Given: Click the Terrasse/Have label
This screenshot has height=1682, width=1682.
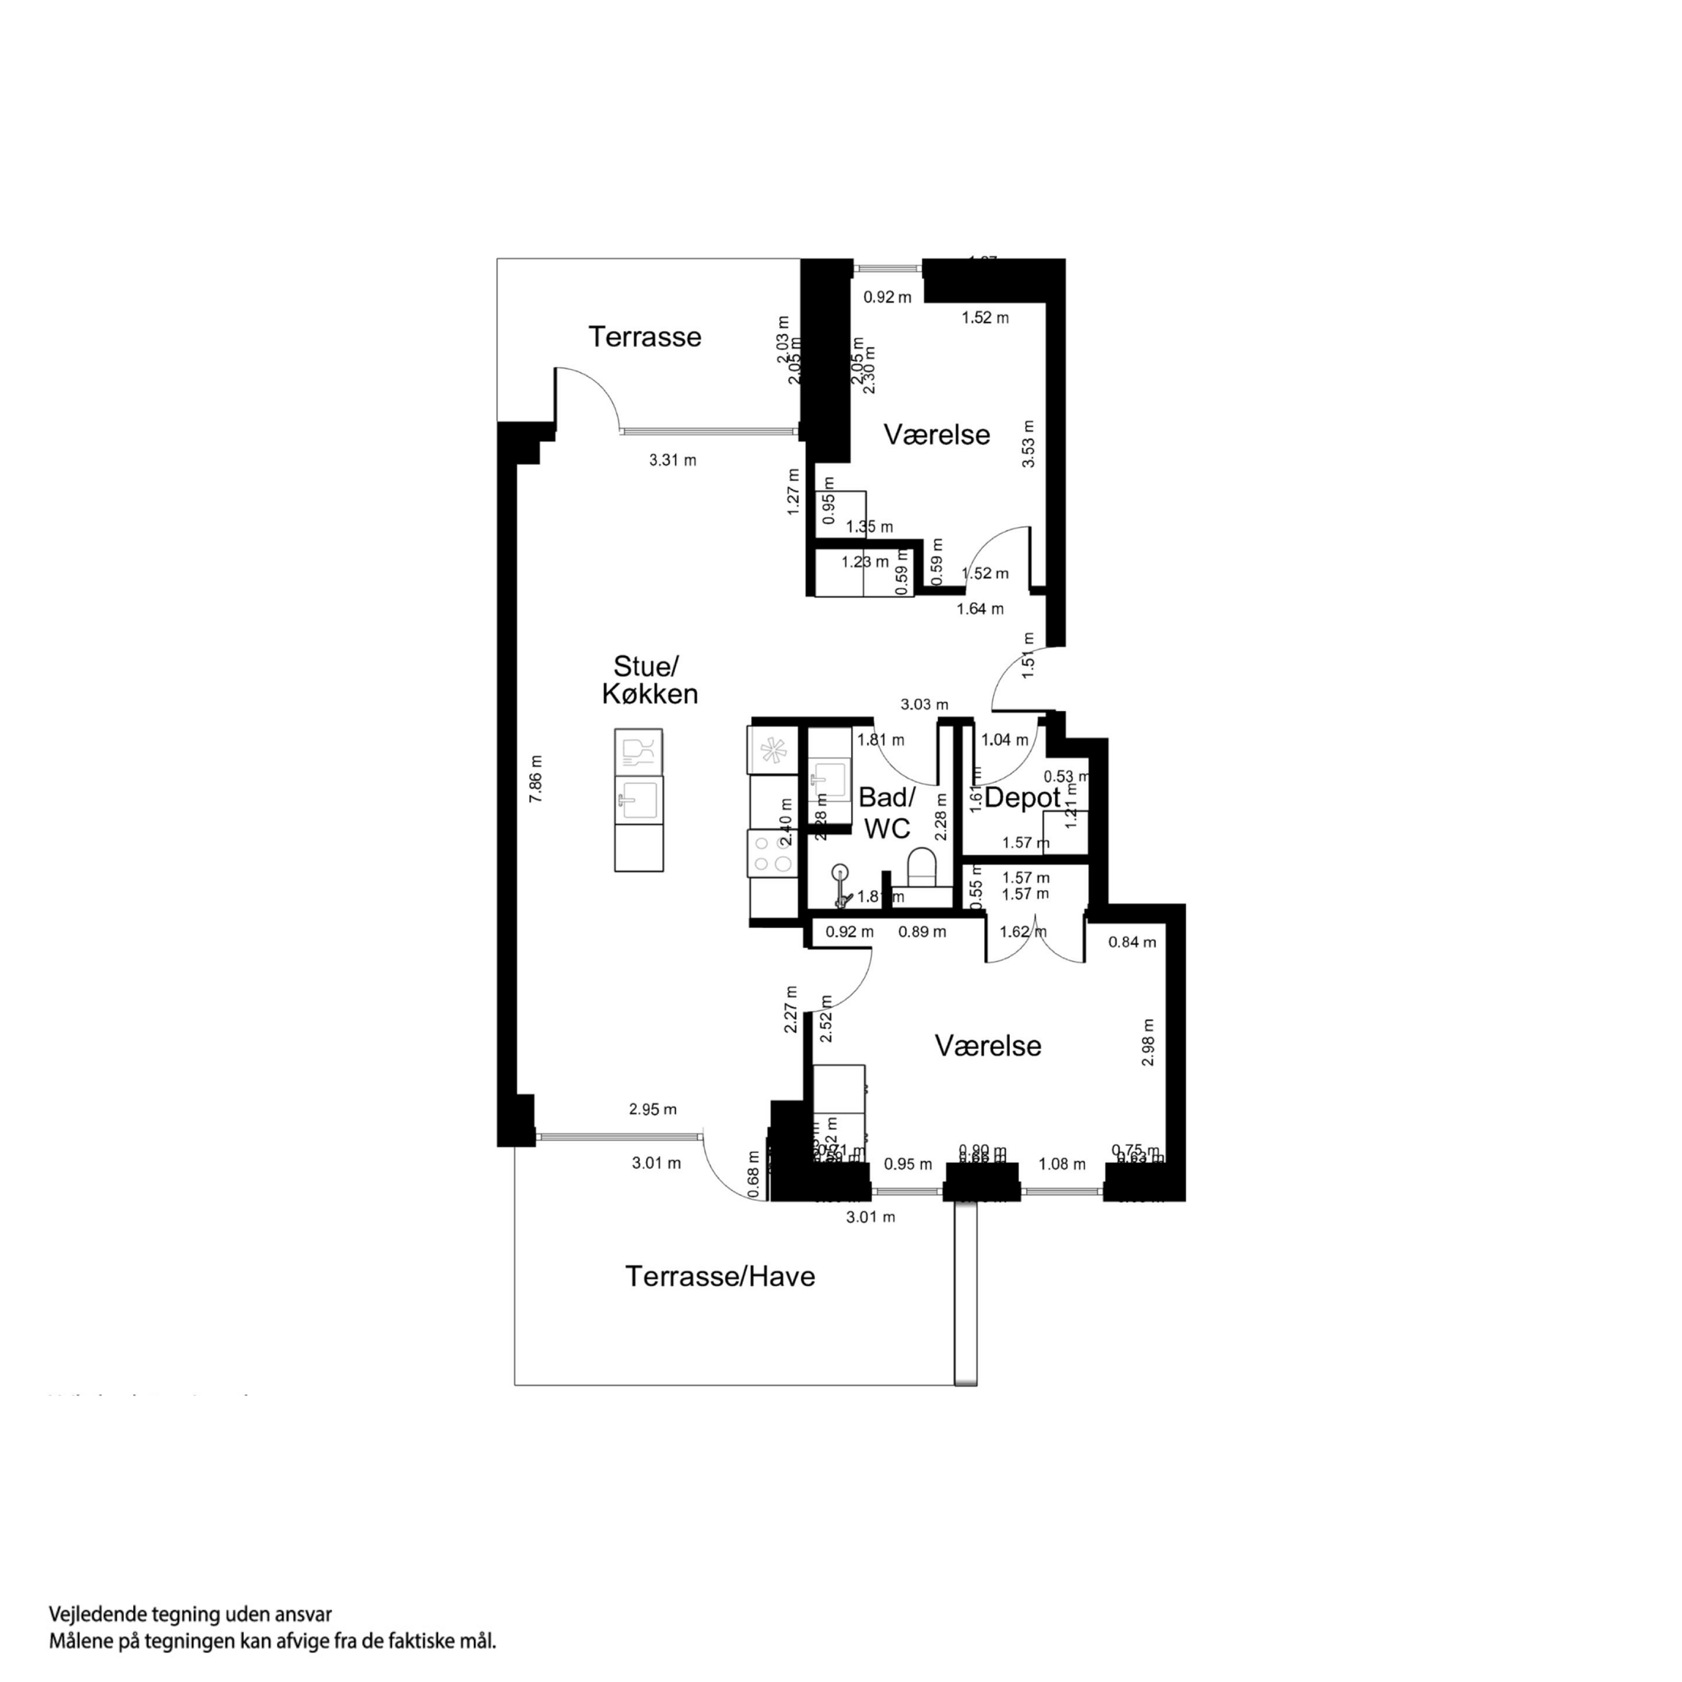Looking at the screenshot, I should pos(720,1276).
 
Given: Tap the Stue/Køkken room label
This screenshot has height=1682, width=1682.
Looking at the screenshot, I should pos(648,680).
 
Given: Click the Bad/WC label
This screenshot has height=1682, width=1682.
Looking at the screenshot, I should pos(887,812).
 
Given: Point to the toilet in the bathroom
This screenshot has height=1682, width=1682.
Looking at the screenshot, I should pos(921,866).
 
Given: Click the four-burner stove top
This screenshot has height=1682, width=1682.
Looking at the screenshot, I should pos(772,853).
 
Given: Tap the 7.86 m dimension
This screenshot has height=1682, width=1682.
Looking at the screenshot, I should pos(536,778).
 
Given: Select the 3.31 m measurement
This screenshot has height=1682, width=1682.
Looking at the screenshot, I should pos(672,460).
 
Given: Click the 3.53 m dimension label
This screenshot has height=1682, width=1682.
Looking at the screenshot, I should pos(1029,444).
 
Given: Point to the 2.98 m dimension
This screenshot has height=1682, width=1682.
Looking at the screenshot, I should pos(1148,1042).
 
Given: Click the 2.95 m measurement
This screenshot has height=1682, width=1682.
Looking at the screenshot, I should pos(653,1109).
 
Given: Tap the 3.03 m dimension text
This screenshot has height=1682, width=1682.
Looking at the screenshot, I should pos(924,704).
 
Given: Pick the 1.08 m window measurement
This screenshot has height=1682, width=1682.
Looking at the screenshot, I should pos(1062,1164).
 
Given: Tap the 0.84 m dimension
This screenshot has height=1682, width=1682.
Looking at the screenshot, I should pos(1132,942).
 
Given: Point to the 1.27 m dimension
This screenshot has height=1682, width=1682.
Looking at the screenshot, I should pos(793,492).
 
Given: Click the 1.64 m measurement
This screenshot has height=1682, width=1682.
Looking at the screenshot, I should pos(980,609).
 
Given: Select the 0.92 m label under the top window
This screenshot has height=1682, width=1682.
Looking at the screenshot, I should pos(887,297).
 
